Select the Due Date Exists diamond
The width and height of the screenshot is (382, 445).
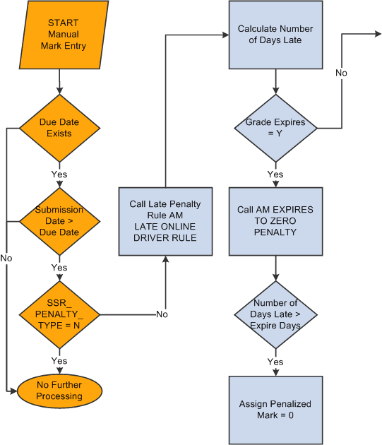tap(59, 128)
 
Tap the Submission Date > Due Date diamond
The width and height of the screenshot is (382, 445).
tap(59, 221)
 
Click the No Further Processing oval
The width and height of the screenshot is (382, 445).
tap(59, 391)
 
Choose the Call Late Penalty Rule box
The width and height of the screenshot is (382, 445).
tap(165, 220)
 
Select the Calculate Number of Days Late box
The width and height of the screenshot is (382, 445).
tap(275, 35)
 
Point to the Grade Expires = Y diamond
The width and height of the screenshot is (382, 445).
tap(275, 128)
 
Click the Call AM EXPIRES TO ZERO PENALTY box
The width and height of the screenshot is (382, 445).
tap(275, 221)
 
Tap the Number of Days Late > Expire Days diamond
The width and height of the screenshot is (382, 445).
tap(275, 314)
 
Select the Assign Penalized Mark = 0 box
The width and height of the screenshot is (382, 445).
tap(275, 410)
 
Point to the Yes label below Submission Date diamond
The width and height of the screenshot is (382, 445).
tap(59, 268)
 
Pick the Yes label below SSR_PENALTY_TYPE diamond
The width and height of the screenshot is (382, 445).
tap(59, 361)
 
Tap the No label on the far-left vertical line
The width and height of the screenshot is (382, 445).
tap(6, 259)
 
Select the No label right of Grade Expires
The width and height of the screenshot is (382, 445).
tap(342, 73)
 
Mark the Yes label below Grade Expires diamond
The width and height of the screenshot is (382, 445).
tap(275, 174)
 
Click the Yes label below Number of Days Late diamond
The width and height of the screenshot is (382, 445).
tap(275, 362)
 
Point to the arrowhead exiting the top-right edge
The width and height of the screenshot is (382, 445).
tap(377, 35)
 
